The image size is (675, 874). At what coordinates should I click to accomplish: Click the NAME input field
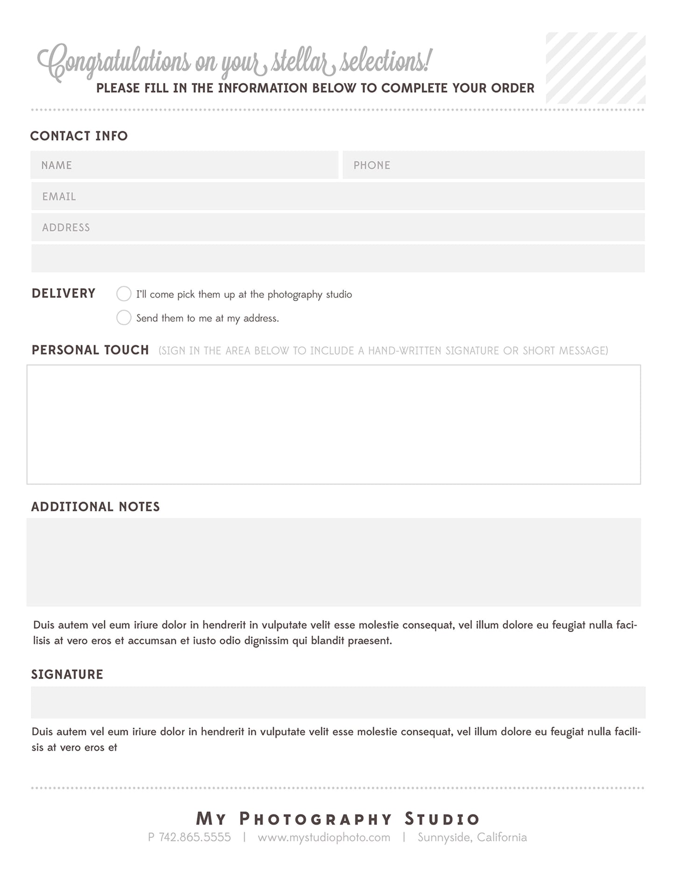184,165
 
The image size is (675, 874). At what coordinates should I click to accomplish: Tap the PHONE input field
493,165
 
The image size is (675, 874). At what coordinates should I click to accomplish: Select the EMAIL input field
337,196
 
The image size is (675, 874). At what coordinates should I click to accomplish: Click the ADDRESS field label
66,228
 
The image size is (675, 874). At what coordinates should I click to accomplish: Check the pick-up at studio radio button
124,294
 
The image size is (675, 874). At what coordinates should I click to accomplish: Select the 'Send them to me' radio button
124,318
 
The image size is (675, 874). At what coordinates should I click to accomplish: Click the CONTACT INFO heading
79,136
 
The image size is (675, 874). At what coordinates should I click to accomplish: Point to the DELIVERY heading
64,294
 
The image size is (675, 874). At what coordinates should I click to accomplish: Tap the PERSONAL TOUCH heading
90,350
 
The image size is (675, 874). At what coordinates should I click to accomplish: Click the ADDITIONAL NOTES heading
95,507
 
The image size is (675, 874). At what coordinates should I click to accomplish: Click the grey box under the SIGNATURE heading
337,702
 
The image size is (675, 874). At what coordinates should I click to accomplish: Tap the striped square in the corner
596,68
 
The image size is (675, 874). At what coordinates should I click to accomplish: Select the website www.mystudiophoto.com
324,837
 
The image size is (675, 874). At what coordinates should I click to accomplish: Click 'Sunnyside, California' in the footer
472,837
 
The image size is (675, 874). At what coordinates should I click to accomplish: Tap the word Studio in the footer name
442,819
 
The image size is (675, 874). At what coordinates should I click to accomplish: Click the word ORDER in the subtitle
512,88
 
